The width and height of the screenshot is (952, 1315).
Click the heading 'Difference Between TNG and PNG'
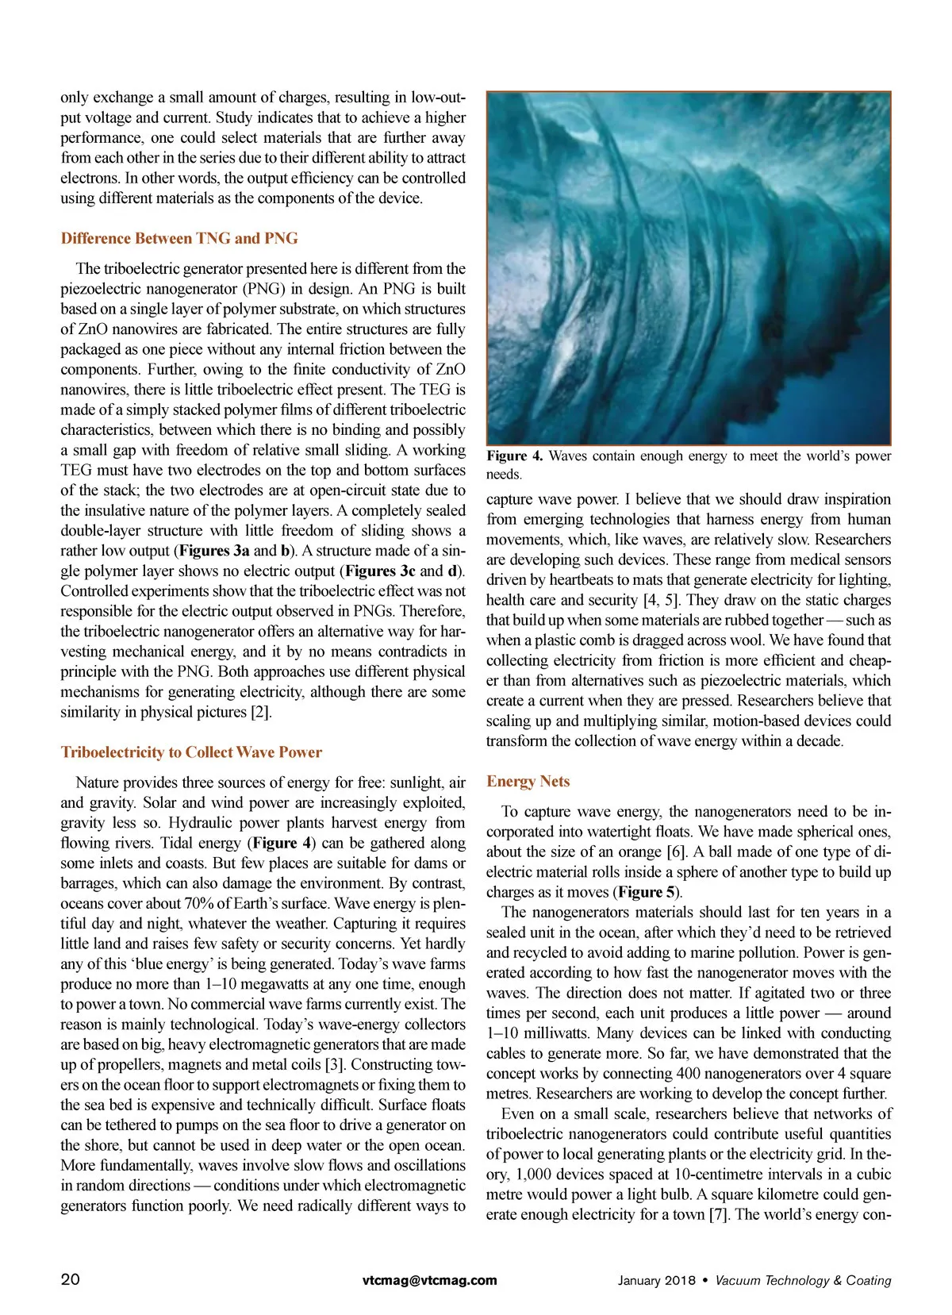click(179, 238)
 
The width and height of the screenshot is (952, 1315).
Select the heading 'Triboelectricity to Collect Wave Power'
click(191, 752)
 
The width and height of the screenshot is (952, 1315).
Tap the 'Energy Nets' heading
click(528, 781)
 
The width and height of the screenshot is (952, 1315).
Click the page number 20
click(70, 1279)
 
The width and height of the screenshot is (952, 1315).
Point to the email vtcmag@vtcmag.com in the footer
click(429, 1279)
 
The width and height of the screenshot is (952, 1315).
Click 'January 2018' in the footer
click(656, 1280)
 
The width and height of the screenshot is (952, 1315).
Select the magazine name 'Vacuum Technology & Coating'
click(803, 1280)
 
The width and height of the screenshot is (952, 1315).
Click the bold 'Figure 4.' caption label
click(515, 456)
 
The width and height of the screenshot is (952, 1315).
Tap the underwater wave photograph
click(688, 268)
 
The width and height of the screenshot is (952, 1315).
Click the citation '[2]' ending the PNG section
click(260, 712)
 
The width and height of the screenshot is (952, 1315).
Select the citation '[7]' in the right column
click(718, 1214)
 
